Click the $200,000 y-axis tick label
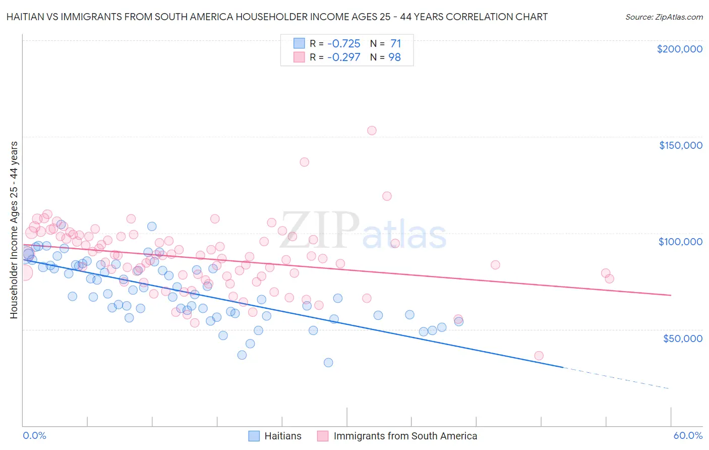pyautogui.click(x=679, y=49)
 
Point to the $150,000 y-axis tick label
pyautogui.click(x=680, y=145)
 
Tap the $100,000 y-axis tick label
pyautogui.click(x=680, y=242)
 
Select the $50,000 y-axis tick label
pyautogui.click(x=682, y=338)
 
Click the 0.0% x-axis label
pyautogui.click(x=34, y=435)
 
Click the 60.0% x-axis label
pyautogui.click(x=688, y=435)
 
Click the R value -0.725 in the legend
pyautogui.click(x=343, y=43)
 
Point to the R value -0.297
pyautogui.click(x=343, y=57)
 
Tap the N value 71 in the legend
pyautogui.click(x=395, y=43)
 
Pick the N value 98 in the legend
pyautogui.click(x=394, y=57)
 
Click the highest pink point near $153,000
pyautogui.click(x=372, y=131)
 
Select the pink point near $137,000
pyautogui.click(x=304, y=162)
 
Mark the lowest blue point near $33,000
pyautogui.click(x=328, y=362)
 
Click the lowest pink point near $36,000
pyautogui.click(x=539, y=356)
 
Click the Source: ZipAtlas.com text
pyautogui.click(x=664, y=17)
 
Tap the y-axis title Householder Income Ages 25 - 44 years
pyautogui.click(x=14, y=230)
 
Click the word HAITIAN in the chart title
pyautogui.click(x=26, y=17)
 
